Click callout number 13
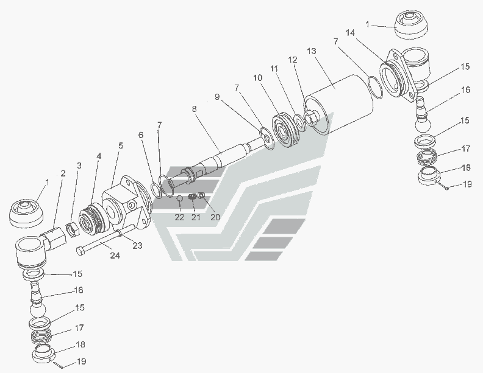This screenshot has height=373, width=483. (x=313, y=51)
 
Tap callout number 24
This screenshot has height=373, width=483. (x=115, y=256)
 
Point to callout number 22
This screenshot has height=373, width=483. (x=180, y=217)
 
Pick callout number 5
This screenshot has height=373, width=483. (x=120, y=145)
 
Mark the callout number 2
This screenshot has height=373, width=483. (x=62, y=173)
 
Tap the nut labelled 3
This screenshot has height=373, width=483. (x=73, y=228)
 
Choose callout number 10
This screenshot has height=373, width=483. (x=258, y=77)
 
